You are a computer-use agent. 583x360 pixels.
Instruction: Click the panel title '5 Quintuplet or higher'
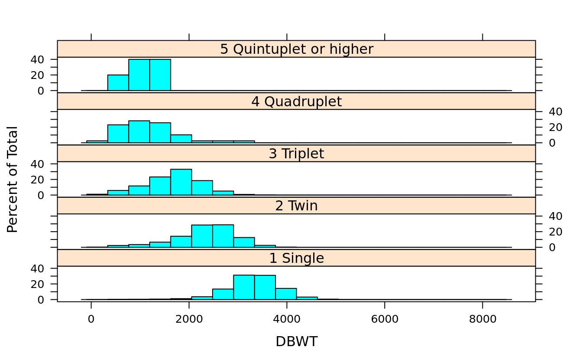coord(296,49)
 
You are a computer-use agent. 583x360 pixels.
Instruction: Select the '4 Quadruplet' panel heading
coord(296,101)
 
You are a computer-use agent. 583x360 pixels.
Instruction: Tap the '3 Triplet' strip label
coord(296,154)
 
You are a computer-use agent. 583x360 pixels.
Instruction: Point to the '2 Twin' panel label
coord(296,206)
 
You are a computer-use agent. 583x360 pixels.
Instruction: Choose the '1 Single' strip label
coord(296,258)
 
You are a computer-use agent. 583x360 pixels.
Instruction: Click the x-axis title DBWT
coord(296,342)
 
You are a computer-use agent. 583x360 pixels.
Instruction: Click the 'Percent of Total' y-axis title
coord(13,179)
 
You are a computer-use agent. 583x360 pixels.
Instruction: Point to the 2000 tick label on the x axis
coord(189,319)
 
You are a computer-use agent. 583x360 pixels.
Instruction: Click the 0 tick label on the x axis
coord(91,319)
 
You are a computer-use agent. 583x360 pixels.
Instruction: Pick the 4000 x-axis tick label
coord(287,319)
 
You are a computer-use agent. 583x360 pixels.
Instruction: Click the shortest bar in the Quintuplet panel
coord(118,83)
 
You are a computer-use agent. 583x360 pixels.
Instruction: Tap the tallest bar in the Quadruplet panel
coord(139,132)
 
